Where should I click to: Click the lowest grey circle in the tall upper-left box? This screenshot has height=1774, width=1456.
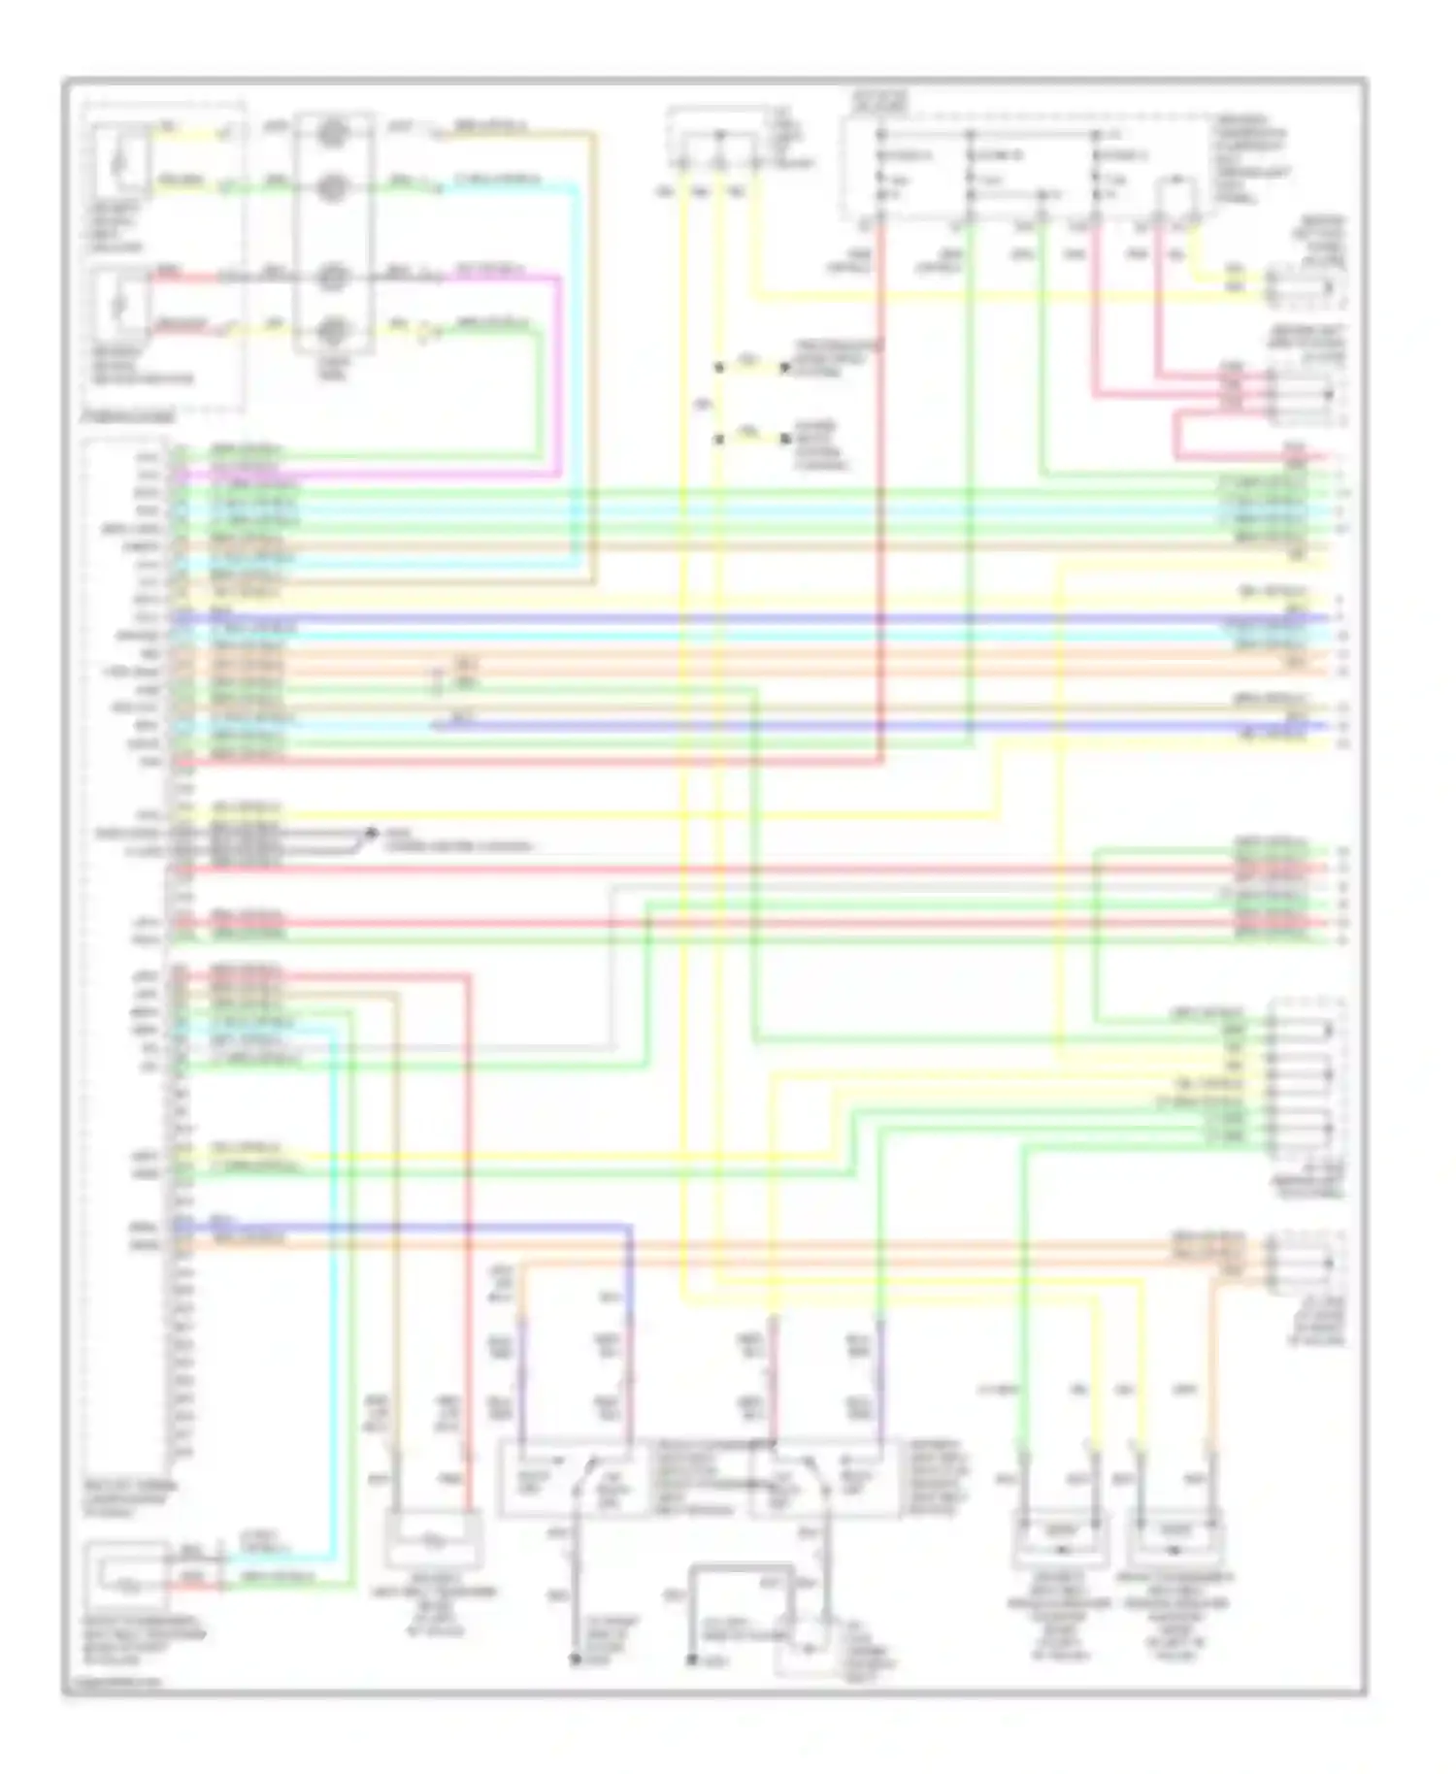[x=333, y=331]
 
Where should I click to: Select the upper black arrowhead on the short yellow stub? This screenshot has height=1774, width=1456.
[x=784, y=368]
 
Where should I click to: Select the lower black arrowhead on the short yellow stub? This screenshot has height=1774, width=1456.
[x=784, y=439]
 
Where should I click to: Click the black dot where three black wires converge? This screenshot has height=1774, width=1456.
[x=370, y=833]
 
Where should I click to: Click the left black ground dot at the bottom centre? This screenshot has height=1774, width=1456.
[x=575, y=1660]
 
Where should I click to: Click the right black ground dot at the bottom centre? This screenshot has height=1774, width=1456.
[x=691, y=1660]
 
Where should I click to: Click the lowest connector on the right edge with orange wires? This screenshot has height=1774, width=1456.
[x=1306, y=1264]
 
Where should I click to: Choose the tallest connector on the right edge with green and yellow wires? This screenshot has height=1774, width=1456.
[x=1306, y=1077]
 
